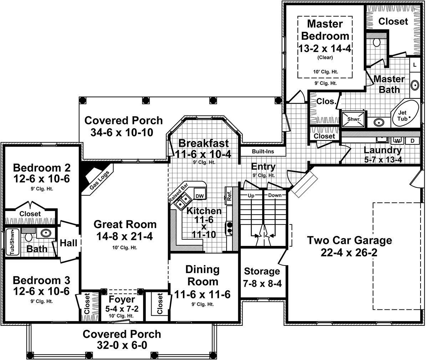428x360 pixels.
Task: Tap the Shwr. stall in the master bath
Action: [353, 119]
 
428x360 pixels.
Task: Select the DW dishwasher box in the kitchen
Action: [200, 194]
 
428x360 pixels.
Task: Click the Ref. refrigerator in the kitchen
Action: [229, 195]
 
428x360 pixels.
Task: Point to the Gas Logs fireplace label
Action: [100, 180]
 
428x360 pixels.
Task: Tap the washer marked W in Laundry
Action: [398, 141]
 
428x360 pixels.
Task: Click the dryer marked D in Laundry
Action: [412, 140]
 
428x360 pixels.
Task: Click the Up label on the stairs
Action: [251, 196]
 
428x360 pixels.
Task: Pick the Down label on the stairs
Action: [275, 195]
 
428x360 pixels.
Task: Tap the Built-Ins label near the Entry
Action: [263, 151]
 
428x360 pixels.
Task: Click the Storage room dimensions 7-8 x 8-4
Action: [262, 284]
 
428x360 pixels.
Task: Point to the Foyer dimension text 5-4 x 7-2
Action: [122, 309]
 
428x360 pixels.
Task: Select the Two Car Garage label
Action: [350, 240]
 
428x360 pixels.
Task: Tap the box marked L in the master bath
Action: [415, 65]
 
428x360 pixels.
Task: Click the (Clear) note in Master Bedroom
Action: [325, 57]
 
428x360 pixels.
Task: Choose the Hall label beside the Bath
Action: [68, 243]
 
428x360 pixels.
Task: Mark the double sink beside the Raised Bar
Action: [182, 201]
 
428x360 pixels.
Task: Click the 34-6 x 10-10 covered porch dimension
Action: [122, 132]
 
